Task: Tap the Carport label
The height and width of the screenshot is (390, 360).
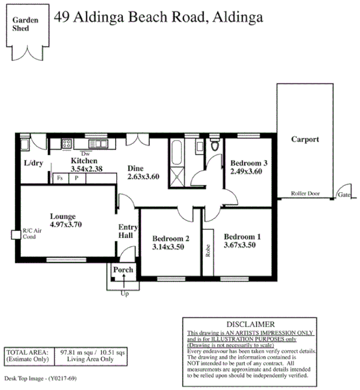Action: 305,139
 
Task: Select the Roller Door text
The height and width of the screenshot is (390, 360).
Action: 305,193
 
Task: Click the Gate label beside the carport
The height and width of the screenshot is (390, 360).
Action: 344,194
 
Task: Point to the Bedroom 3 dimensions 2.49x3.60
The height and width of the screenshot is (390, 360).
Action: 245,172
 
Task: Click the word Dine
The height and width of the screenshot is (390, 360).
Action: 135,168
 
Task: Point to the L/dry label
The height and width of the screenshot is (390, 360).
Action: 33,163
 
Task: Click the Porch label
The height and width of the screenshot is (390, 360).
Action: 123,270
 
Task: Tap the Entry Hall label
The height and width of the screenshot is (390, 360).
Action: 125,231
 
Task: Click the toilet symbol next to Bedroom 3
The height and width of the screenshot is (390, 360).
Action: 214,145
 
